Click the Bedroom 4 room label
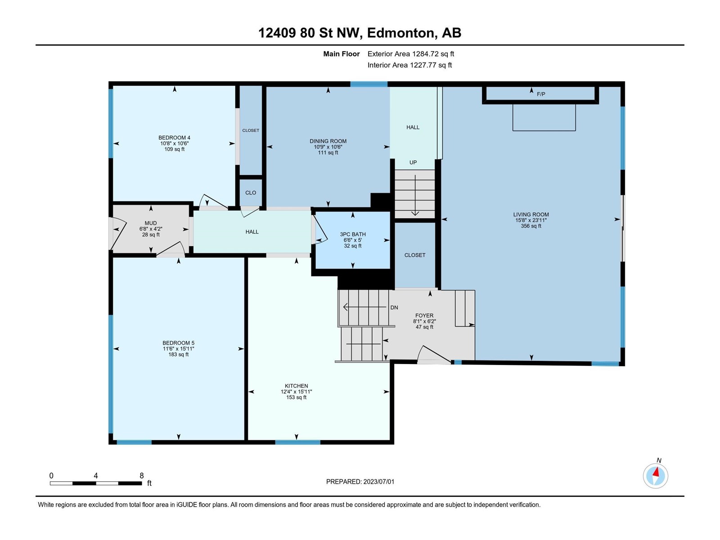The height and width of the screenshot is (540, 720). point(174,138)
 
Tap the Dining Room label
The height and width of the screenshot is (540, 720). point(328,141)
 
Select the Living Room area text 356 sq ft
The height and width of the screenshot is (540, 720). point(531,226)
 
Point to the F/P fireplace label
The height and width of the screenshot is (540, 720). point(541,94)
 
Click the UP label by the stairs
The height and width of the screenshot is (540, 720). point(413,162)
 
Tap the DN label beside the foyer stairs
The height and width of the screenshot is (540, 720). point(394,307)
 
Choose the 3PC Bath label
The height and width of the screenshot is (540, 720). point(353,234)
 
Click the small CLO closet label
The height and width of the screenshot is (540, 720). point(251,193)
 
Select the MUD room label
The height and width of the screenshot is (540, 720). point(151,223)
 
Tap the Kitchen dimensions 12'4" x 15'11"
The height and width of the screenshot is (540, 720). point(296,391)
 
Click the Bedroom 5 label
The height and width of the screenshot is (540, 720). point(179,343)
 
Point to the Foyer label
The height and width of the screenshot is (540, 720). point(424,316)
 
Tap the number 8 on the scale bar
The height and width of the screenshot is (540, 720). point(142,476)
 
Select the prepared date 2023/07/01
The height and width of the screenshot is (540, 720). point(378,481)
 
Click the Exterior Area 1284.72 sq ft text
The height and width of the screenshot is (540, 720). point(411,54)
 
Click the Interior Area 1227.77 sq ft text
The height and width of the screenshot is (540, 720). point(409,65)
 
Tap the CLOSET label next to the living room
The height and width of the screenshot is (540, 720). point(414,255)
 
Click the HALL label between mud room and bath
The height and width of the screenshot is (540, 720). point(252,232)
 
